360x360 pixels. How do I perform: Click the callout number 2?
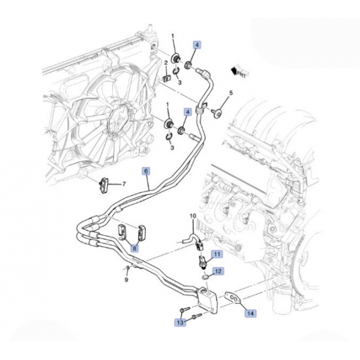pyautogui.click(x=166, y=63)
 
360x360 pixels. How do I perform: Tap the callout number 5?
pyautogui.click(x=229, y=93)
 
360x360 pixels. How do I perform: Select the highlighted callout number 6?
pyautogui.click(x=146, y=171)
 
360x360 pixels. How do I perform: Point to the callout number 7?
pyautogui.click(x=124, y=184)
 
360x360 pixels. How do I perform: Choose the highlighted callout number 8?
pyautogui.click(x=135, y=247)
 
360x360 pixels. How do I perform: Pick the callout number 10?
pyautogui.click(x=193, y=215)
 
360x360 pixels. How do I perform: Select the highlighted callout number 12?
pyautogui.click(x=219, y=272)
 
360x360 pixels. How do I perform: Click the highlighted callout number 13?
pyautogui.click(x=180, y=323)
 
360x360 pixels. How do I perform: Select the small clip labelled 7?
pyautogui.click(x=103, y=185)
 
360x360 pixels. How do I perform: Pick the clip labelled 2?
pyautogui.click(x=167, y=77)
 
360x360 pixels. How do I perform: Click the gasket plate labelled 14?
pyautogui.click(x=232, y=298)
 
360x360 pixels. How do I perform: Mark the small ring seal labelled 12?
pyautogui.click(x=205, y=276)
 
